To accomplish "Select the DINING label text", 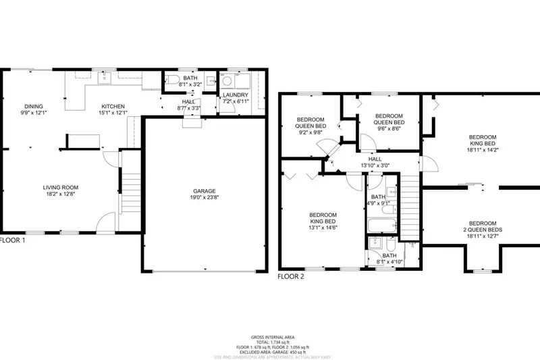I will pyautogui.click(x=34, y=106).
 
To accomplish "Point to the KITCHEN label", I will pyautogui.click(x=113, y=106).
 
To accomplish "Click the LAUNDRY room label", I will pyautogui.click(x=236, y=95).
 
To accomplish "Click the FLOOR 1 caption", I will pyautogui.click(x=12, y=240).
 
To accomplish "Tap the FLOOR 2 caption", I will pyautogui.click(x=292, y=276).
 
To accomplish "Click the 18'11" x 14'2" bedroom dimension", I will pyautogui.click(x=483, y=151).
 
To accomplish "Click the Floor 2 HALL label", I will pyautogui.click(x=375, y=159).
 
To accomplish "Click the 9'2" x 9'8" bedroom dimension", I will pyautogui.click(x=311, y=133).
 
